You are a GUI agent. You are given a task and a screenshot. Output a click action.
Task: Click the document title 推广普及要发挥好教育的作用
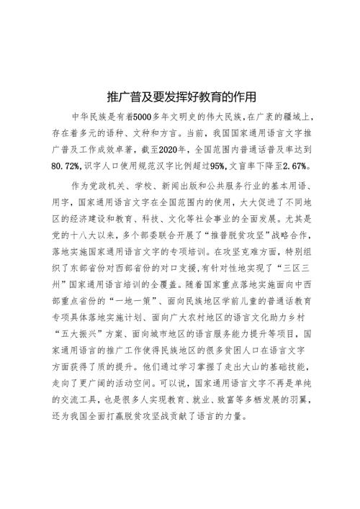point(181,96)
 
